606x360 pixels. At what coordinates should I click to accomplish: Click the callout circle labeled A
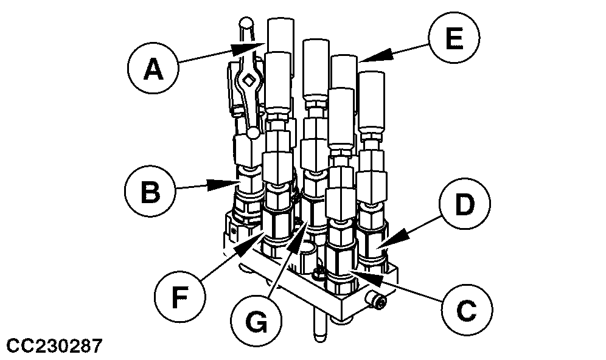click(x=152, y=71)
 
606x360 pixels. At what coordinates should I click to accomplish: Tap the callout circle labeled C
click(x=467, y=310)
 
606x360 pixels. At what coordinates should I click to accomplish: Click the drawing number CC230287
click(x=52, y=347)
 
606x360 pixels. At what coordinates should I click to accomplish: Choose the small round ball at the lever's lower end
click(x=252, y=131)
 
